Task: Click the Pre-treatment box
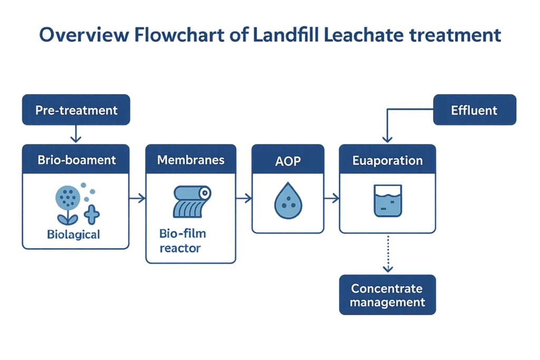[76, 110]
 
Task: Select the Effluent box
[474, 110]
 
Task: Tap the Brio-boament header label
[76, 160]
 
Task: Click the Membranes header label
[190, 160]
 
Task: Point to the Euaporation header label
[387, 160]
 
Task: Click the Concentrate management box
[387, 295]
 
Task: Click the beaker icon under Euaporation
[387, 201]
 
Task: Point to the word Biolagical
[73, 235]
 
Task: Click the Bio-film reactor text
[180, 240]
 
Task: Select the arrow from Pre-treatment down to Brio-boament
[76, 134]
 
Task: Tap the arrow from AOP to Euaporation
[331, 199]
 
